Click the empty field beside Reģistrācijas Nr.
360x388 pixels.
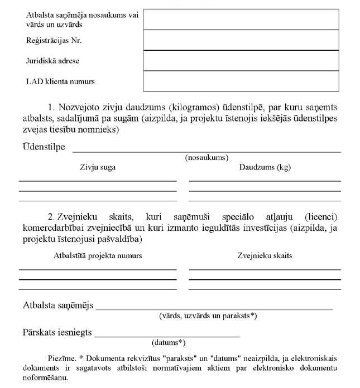[241, 40]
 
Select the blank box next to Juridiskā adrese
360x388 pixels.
[241, 61]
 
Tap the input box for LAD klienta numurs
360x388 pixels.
[241, 81]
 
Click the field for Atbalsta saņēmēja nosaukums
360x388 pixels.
[241, 20]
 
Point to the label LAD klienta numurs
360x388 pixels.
[60, 81]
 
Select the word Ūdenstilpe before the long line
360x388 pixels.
[44, 147]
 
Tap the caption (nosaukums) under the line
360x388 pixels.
[207, 158]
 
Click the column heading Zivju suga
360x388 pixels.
[98, 167]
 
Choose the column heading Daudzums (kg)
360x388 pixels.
[265, 167]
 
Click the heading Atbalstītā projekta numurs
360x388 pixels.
[98, 256]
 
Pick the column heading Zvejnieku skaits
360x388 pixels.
[265, 256]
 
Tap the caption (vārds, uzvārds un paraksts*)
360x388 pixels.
[208, 316]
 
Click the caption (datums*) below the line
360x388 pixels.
[169, 342]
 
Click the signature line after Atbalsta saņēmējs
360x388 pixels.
[214, 308]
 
